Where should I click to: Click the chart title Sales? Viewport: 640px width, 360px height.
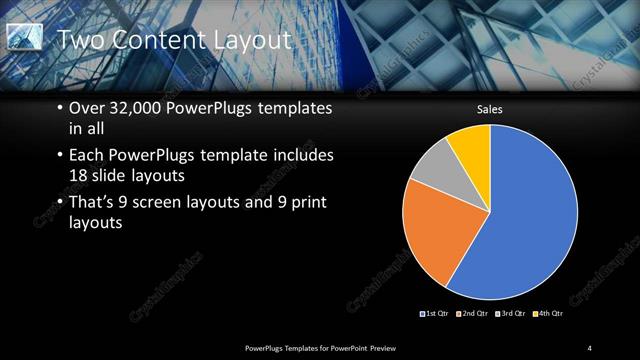coord(489,109)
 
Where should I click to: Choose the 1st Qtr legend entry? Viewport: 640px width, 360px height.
coord(434,314)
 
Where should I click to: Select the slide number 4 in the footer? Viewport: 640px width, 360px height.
coord(590,347)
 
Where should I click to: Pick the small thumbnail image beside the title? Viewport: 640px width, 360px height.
coord(25,37)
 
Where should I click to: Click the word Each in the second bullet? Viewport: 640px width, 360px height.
coord(86,156)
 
